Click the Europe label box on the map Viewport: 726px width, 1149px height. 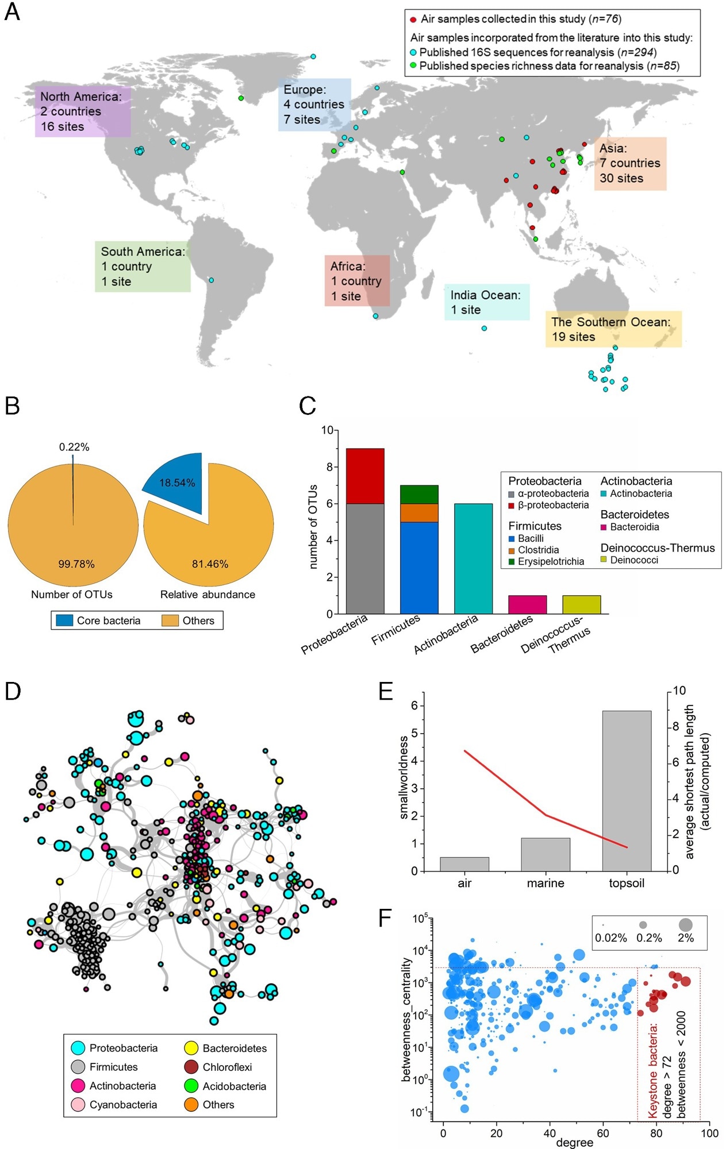(x=314, y=105)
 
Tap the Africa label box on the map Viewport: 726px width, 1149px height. (x=357, y=281)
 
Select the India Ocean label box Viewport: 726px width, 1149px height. (x=486, y=302)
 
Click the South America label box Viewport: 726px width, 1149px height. (x=143, y=267)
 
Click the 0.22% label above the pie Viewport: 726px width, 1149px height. (x=74, y=447)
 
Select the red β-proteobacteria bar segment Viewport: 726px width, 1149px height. (x=365, y=476)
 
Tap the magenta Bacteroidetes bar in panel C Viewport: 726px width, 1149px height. (x=527, y=604)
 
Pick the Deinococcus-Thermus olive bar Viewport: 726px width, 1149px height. (x=581, y=604)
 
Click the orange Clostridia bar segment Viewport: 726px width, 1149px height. (x=419, y=512)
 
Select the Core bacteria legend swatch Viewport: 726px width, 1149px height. (x=64, y=620)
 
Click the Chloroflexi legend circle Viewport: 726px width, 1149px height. (x=191, y=1067)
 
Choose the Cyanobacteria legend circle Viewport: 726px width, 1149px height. (x=78, y=1105)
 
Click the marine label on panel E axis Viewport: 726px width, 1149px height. (x=546, y=883)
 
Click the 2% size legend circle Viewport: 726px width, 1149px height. (x=685, y=925)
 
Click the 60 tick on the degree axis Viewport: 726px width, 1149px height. (x=603, y=1133)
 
